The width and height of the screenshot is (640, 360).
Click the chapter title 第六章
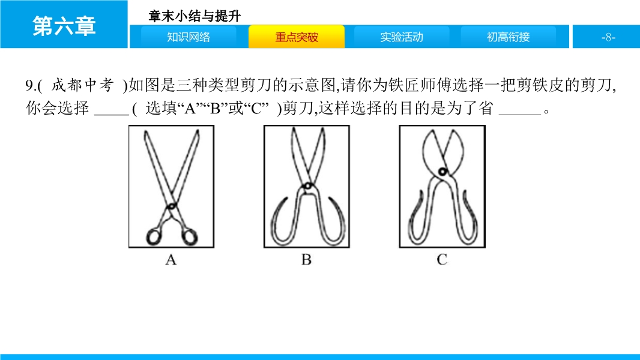click(64, 26)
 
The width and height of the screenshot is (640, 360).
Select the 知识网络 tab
click(189, 37)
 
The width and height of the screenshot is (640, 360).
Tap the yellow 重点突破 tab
click(297, 37)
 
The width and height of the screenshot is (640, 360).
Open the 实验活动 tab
click(402, 37)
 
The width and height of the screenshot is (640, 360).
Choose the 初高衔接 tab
click(508, 37)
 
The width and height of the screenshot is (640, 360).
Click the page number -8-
click(608, 38)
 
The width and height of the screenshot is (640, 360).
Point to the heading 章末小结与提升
click(195, 16)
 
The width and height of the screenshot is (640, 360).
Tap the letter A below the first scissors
click(171, 260)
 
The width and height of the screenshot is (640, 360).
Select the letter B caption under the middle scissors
click(307, 260)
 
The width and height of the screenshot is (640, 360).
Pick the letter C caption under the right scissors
click(442, 260)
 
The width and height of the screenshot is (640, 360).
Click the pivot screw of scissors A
click(172, 206)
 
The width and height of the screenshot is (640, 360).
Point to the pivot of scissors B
click(307, 187)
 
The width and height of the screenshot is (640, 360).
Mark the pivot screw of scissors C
click(442, 171)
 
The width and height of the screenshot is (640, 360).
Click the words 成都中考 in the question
click(82, 85)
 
